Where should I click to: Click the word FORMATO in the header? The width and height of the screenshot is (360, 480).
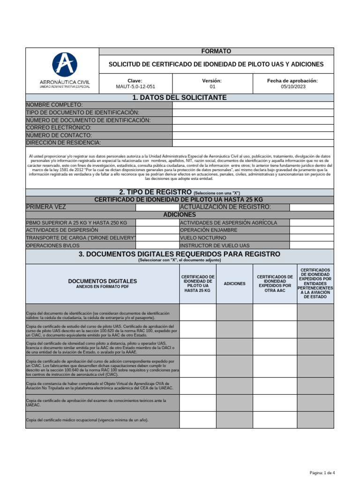[x=216, y=51]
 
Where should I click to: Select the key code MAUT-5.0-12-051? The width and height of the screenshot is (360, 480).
[x=135, y=87]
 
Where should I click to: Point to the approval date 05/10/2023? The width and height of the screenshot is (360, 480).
[x=292, y=87]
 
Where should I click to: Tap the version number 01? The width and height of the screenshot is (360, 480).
[x=212, y=87]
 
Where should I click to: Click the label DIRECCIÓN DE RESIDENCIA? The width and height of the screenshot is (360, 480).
[x=63, y=142]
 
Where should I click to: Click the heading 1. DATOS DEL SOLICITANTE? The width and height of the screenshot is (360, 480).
[x=173, y=97]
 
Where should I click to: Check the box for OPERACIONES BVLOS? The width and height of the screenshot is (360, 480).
[x=157, y=245]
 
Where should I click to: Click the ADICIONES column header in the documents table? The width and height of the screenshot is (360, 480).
[x=234, y=284]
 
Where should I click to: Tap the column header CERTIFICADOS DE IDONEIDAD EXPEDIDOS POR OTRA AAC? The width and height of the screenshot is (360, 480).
[x=275, y=284]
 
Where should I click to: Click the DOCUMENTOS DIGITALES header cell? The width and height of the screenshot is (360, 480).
[x=103, y=284]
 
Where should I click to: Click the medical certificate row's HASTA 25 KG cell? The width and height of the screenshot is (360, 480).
[x=197, y=420]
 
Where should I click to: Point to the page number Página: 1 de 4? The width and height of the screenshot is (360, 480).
[x=322, y=472]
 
